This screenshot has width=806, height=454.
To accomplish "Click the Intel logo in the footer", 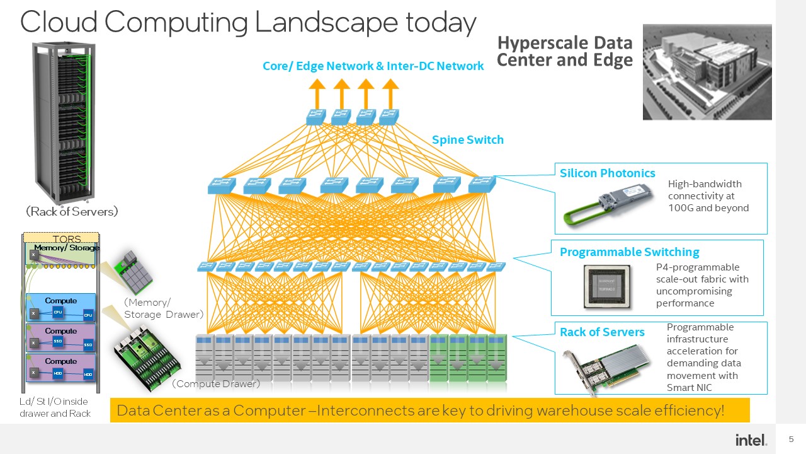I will [751, 439].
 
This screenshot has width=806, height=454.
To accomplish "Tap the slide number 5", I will [792, 439].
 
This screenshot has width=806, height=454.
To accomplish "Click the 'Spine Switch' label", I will [467, 140].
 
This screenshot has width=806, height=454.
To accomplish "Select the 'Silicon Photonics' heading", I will [607, 173].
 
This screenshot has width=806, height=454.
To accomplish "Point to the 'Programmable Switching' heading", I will [629, 252].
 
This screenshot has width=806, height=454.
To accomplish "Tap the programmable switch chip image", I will [606, 286].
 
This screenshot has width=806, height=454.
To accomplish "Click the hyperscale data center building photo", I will [707, 72].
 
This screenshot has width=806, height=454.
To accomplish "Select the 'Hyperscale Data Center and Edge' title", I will [565, 52].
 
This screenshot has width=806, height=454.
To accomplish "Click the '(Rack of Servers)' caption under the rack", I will [72, 212].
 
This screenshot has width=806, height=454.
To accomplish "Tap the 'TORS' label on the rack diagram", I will [67, 238].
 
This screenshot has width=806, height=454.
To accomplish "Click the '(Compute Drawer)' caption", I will [215, 383].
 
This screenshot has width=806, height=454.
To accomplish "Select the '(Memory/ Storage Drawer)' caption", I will [163, 308].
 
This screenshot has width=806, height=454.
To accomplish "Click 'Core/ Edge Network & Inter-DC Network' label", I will [373, 66].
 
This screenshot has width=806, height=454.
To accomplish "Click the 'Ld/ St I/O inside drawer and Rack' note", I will [55, 407].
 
